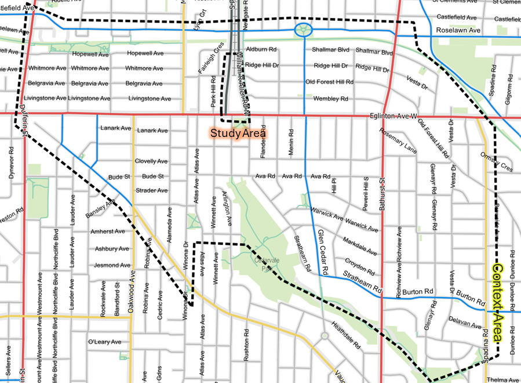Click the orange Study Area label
pos(238,133)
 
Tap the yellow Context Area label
pos(497,302)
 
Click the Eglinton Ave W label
pos(393,117)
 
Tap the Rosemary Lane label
pos(398,140)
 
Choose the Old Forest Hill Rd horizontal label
pos(329,82)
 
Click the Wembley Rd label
pos(330,99)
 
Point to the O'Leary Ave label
pos(104,342)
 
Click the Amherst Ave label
pos(108,231)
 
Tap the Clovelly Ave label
pos(151,161)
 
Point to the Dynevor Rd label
pos(11,165)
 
